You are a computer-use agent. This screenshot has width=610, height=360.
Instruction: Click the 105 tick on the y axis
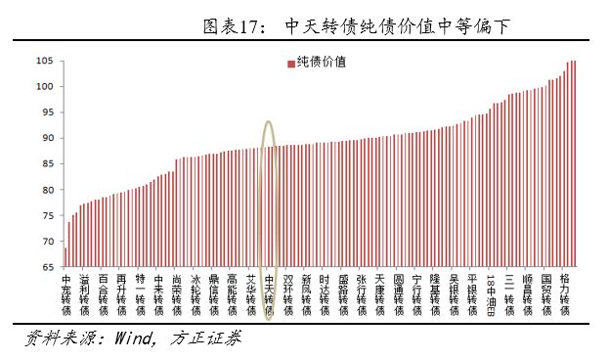tap(46, 61)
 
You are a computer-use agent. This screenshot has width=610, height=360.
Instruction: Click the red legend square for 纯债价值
tap(290, 64)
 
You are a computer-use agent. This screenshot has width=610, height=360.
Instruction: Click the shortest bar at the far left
tap(65, 256)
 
